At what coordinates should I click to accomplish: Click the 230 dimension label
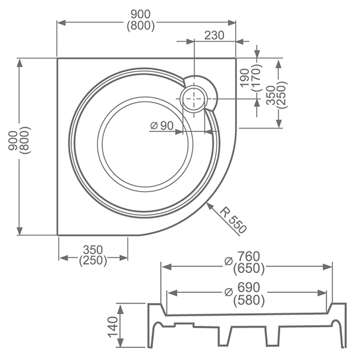pyautogui.click(x=214, y=35)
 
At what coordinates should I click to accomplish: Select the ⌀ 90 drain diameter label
pyautogui.click(x=162, y=125)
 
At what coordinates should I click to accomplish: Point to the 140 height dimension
pyautogui.click(x=113, y=327)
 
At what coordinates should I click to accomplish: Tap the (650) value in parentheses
pyautogui.click(x=249, y=269)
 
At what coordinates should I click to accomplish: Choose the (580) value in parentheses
pyautogui.click(x=249, y=300)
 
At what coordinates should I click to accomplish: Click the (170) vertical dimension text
pyautogui.click(x=257, y=77)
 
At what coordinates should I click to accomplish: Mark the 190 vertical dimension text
pyautogui.click(x=245, y=78)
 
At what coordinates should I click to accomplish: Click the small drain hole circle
pyautogui.click(x=194, y=99)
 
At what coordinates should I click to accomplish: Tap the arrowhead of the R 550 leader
pyautogui.click(x=210, y=206)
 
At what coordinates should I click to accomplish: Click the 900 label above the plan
pyautogui.click(x=140, y=14)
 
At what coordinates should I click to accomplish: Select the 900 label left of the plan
pyautogui.click(x=13, y=140)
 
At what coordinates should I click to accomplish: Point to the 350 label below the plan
pyautogui.click(x=93, y=250)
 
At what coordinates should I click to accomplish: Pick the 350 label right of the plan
pyautogui.click(x=271, y=95)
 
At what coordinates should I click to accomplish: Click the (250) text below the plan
pyautogui.click(x=93, y=260)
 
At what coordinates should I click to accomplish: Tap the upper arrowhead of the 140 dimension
pyautogui.click(x=121, y=308)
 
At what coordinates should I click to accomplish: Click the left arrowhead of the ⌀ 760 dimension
pyautogui.click(x=167, y=267)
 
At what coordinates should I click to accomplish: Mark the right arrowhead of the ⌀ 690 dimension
pyautogui.click(x=322, y=293)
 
